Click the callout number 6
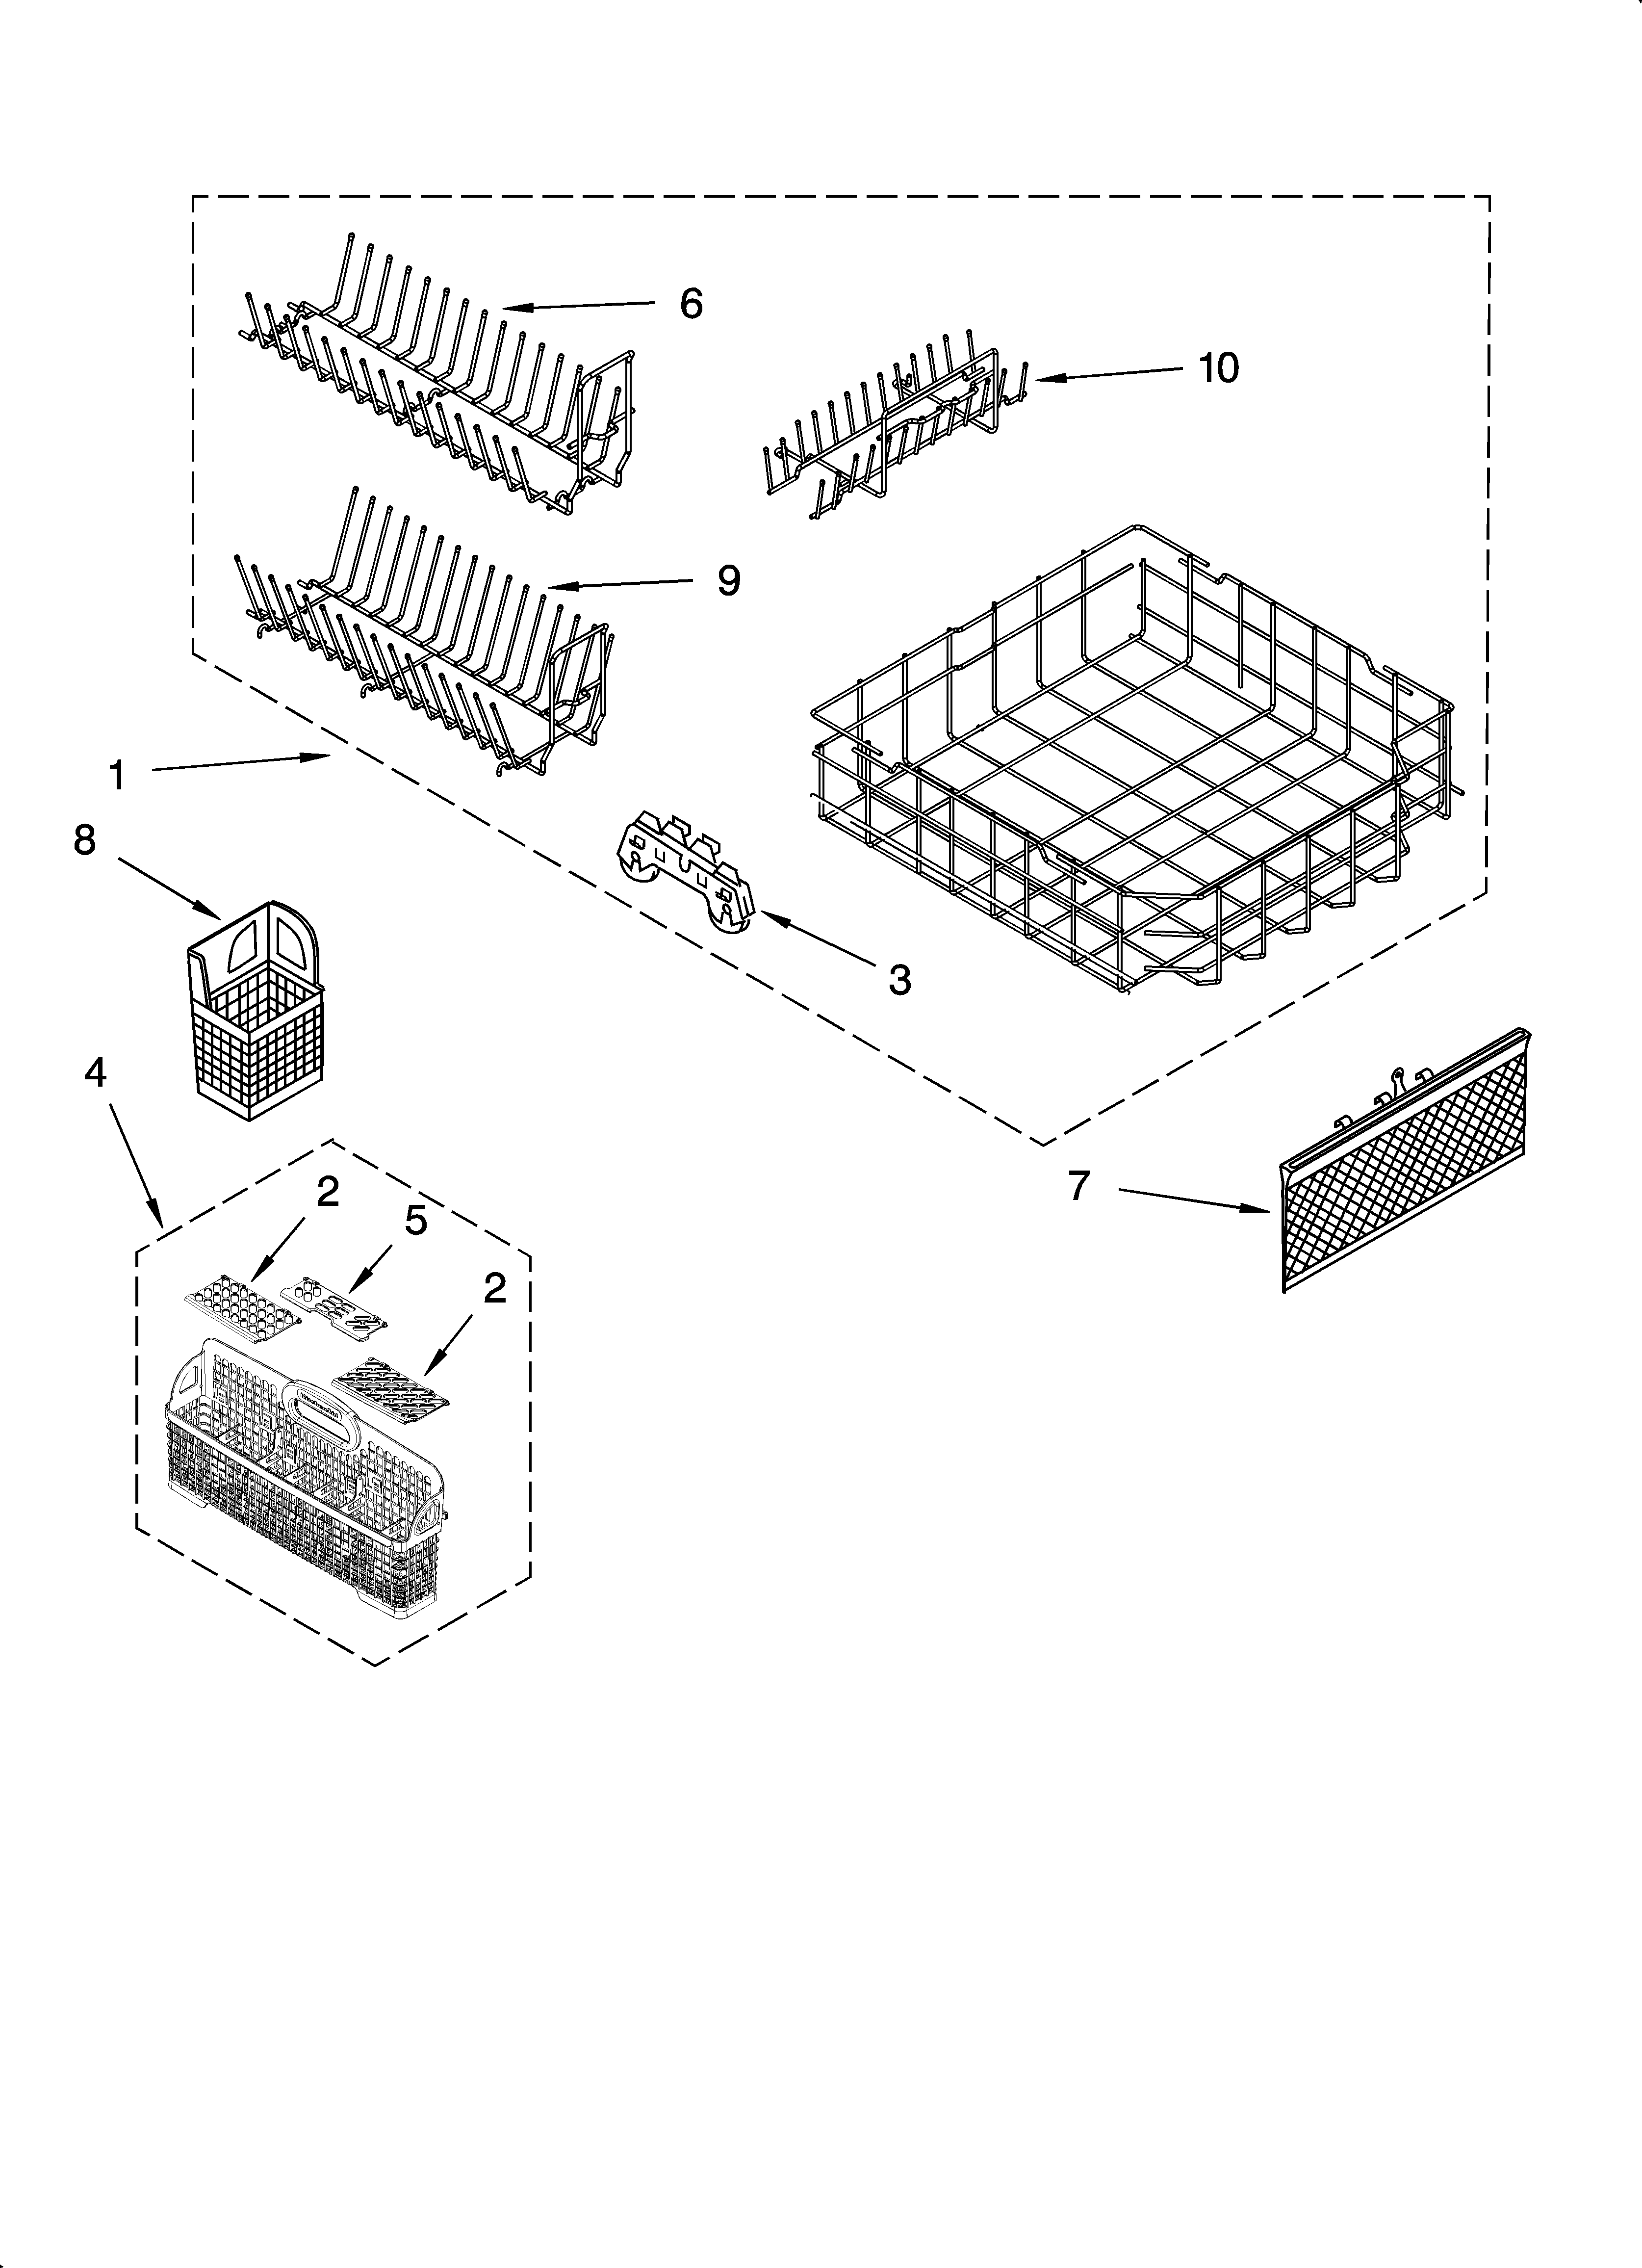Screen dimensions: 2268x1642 pyautogui.click(x=691, y=303)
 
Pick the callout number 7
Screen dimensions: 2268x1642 pyautogui.click(x=1077, y=1186)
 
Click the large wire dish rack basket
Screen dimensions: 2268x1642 pyautogui.click(x=1130, y=770)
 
